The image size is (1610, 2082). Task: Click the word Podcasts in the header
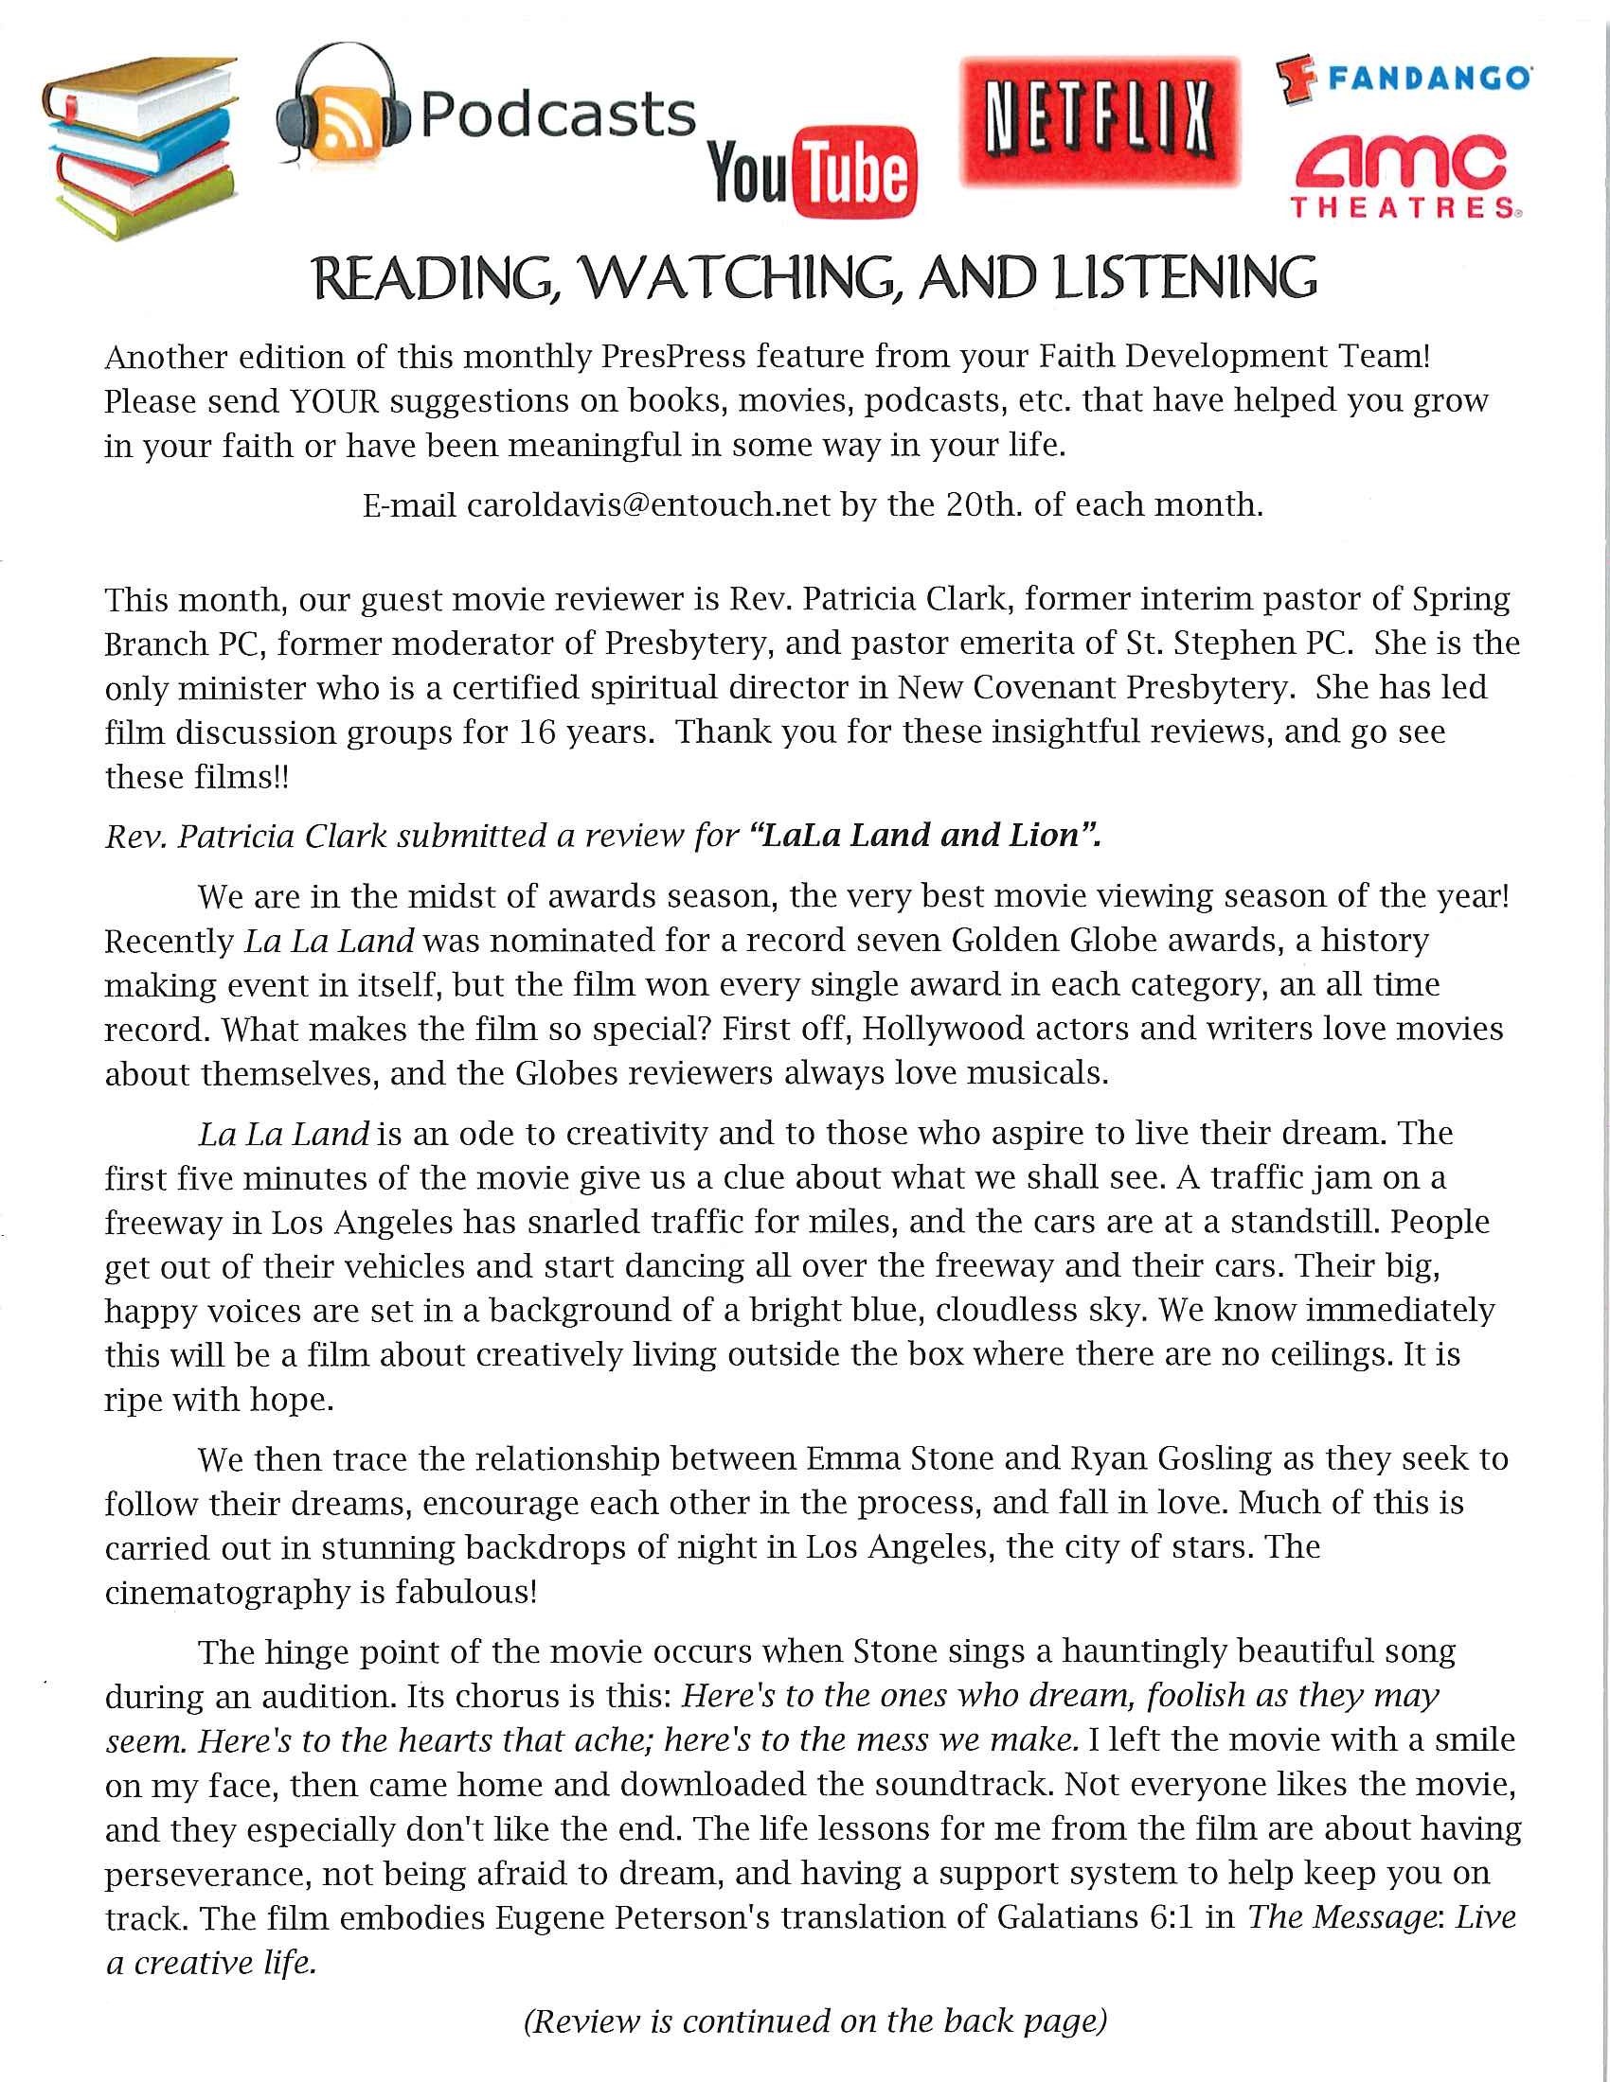tap(558, 116)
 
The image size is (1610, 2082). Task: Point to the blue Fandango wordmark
tap(1429, 79)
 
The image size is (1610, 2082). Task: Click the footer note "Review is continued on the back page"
tap(815, 2021)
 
